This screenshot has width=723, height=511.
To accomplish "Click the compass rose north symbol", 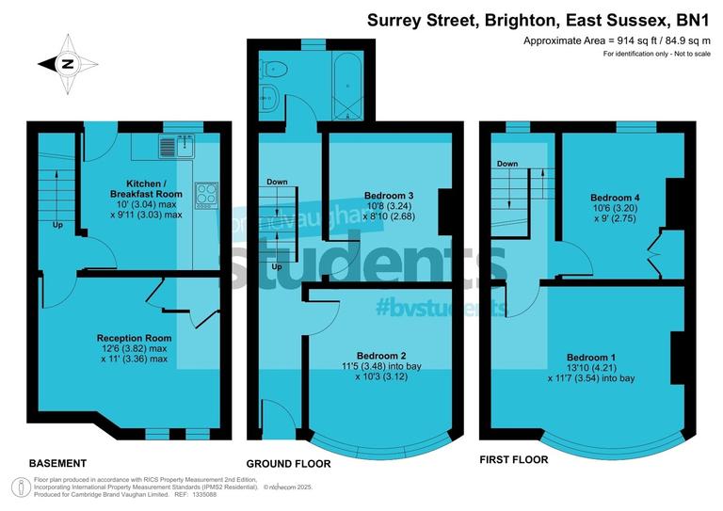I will (x=68, y=64).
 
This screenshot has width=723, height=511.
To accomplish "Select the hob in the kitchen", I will (x=206, y=195).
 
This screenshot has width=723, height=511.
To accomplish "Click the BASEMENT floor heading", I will (x=57, y=464).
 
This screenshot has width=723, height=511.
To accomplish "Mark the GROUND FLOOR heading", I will (x=288, y=464).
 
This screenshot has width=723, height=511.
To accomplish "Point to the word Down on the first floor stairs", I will (x=507, y=164).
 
